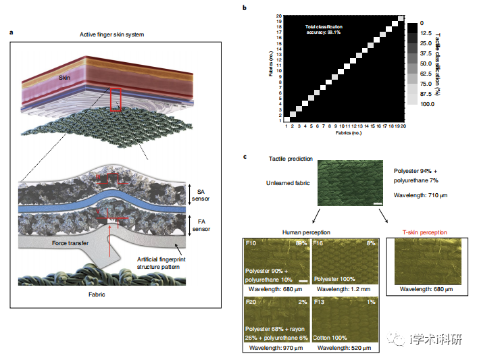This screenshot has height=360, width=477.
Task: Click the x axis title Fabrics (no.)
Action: (x=344, y=132)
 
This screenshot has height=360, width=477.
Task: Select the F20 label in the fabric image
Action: (x=252, y=303)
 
